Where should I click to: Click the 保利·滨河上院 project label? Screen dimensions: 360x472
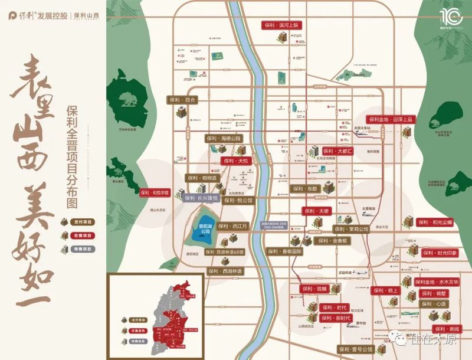pos(281,25)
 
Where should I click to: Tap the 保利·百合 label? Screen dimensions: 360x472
pos(182,100)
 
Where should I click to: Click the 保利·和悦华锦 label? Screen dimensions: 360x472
pos(155,192)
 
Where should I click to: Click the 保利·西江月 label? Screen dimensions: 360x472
pos(234,226)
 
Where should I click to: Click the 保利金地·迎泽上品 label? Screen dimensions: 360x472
pos(390,119)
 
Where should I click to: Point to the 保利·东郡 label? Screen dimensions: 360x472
pos(304,189)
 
